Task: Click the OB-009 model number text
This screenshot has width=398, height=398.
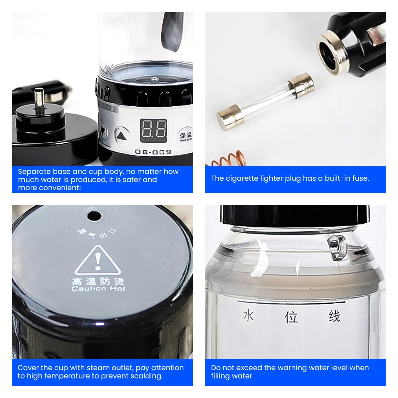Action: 153,152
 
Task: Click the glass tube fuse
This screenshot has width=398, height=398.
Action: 265,99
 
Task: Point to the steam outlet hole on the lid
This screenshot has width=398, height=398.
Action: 94,216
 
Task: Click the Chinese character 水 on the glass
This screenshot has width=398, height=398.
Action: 248,316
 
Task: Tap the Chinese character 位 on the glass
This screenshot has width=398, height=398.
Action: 291,317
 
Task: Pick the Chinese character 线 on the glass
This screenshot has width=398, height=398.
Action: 334,316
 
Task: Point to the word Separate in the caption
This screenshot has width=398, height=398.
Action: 34,172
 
